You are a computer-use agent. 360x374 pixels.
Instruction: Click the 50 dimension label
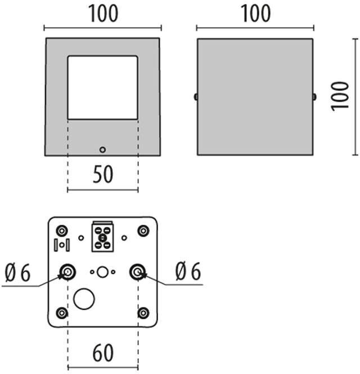click(x=102, y=175)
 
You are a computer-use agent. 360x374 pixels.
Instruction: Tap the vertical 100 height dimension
click(x=340, y=96)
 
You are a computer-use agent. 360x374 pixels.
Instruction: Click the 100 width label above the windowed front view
click(x=102, y=14)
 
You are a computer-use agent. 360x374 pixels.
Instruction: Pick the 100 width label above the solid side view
click(x=255, y=14)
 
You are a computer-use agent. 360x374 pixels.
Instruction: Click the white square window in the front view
click(x=102, y=87)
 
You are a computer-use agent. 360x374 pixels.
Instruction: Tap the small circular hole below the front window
click(x=102, y=149)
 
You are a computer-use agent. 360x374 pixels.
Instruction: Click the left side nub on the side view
click(x=195, y=97)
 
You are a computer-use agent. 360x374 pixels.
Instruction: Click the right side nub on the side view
click(x=314, y=97)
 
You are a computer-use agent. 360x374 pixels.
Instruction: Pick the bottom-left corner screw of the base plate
click(x=62, y=313)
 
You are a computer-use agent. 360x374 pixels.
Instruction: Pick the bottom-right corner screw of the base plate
click(x=143, y=313)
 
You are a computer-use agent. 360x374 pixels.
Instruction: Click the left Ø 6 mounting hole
click(x=67, y=272)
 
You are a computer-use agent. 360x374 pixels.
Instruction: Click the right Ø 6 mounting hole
click(x=137, y=272)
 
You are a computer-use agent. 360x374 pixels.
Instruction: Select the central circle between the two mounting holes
click(x=102, y=272)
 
